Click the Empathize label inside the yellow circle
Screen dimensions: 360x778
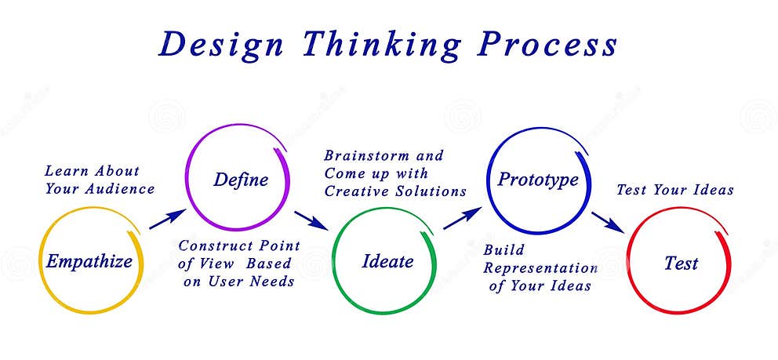(x=89, y=261)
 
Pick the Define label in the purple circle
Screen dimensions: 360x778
(x=241, y=180)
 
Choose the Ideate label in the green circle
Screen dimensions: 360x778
(x=387, y=261)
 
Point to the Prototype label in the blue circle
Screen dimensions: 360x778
(x=538, y=180)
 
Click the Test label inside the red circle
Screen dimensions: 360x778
(x=681, y=264)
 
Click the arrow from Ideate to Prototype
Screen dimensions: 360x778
(x=461, y=219)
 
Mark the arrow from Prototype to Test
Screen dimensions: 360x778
(x=608, y=221)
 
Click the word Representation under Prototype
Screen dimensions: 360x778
(x=540, y=268)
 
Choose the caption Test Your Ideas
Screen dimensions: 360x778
(x=674, y=190)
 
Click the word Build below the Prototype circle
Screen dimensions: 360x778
(x=504, y=250)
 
